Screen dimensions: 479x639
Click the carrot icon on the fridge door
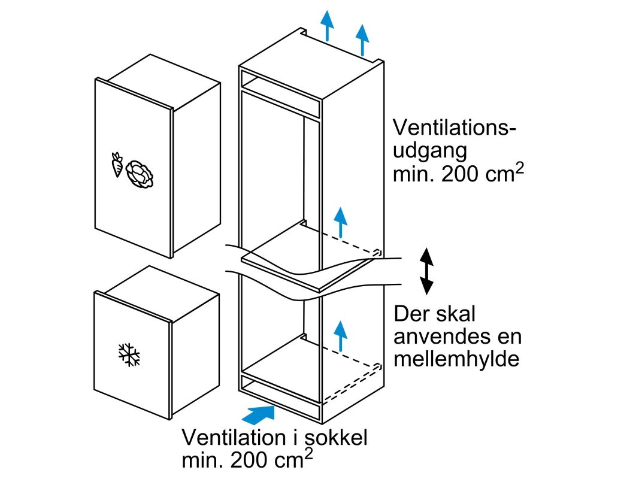117,165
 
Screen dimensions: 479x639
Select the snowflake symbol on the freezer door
129,354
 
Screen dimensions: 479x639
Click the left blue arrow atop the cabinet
327,25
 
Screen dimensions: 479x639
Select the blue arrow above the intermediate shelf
341,222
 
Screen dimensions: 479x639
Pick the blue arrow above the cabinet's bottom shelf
341,335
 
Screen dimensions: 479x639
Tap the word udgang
429,150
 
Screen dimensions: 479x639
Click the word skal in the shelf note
458,314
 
